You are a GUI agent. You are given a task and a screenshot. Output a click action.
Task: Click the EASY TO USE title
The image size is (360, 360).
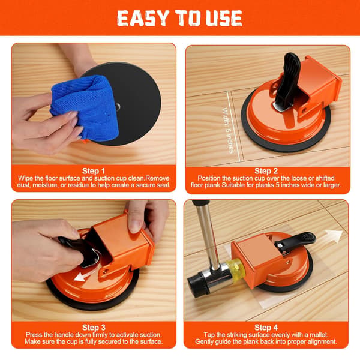point(179,18)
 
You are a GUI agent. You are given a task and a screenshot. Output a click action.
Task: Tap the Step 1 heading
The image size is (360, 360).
point(94,171)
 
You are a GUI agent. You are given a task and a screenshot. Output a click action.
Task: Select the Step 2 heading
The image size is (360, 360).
point(266,171)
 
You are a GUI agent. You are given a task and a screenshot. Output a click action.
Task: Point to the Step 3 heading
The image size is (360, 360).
point(94,328)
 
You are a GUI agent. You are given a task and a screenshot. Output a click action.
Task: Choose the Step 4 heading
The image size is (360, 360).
point(266,328)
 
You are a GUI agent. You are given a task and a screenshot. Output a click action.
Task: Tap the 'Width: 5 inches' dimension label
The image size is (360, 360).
point(228,130)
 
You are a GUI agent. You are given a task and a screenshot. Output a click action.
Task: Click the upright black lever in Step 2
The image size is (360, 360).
point(287,81)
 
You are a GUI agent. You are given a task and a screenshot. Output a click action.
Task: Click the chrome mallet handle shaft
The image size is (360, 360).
point(206,236)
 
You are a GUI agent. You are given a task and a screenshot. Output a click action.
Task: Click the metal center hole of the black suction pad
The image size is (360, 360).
point(118,107)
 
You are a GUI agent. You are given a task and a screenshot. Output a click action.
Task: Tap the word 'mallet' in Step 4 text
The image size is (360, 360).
point(319,335)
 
